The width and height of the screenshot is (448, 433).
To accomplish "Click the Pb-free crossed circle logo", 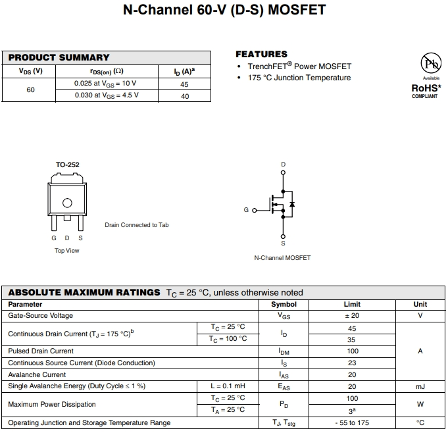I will coord(431,64).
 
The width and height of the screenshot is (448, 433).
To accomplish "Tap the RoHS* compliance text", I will coord(426,88).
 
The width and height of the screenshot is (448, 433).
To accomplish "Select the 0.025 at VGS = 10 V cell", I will coord(105,84).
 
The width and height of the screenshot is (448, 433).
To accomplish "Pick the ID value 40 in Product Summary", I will coord(185,96).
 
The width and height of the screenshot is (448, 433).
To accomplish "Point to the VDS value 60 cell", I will coord(31,89).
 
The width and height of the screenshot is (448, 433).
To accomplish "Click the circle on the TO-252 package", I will coord(67,203).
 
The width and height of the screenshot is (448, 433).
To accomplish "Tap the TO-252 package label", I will coord(67,165).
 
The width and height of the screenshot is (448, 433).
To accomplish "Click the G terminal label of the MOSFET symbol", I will coord(246,210).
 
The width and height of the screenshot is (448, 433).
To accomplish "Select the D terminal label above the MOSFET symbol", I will coord(283,165).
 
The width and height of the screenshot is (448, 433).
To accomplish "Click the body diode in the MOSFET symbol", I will coord(292,205).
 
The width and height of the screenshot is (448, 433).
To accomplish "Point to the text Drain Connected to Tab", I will coord(137,225).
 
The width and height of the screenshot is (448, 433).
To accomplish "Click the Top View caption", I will coord(67,251).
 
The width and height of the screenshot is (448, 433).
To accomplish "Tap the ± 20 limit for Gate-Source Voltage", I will coord(352,316).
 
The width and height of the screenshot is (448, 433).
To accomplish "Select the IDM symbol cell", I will coord(284,351).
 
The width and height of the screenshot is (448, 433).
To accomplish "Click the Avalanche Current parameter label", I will coord(37,374).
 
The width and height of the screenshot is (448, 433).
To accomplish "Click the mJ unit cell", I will coord(420,386).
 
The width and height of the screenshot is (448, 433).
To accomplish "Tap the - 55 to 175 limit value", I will coord(352,422).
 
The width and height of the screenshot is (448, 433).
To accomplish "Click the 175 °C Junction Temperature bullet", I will coord(299,78).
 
